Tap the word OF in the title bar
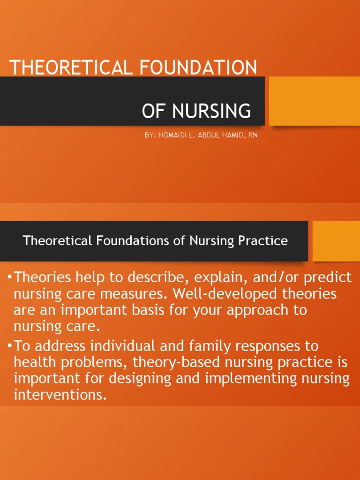pyautogui.click(x=154, y=111)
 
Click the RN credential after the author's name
pyautogui.click(x=253, y=135)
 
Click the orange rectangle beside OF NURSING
pyautogui.click(x=314, y=101)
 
